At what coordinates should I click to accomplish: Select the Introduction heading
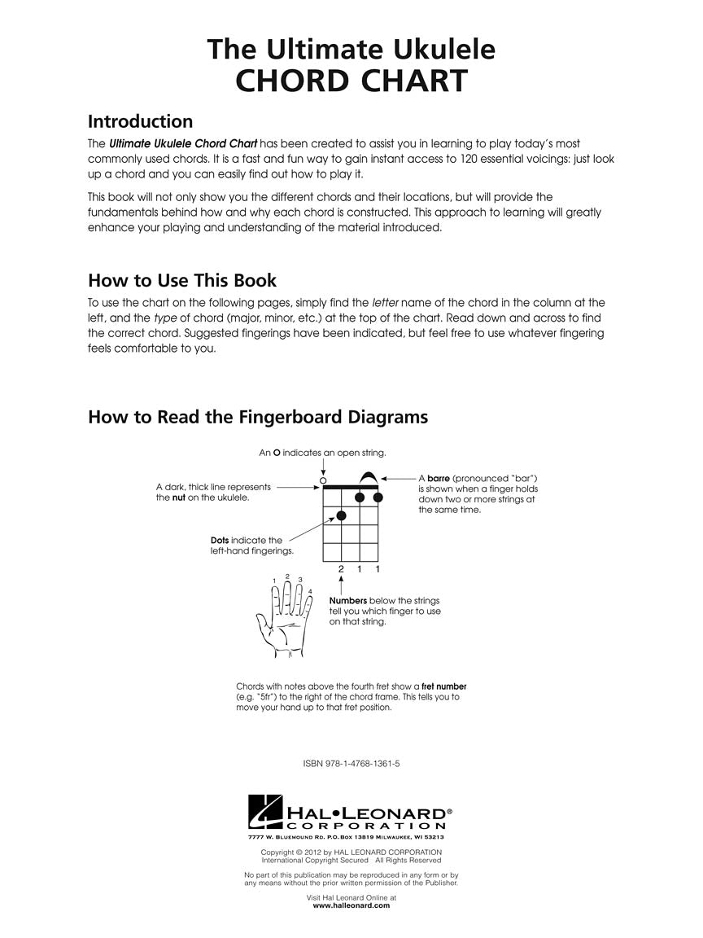(140, 121)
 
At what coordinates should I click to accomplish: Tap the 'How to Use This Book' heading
(182, 281)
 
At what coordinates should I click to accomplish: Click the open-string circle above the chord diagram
(323, 480)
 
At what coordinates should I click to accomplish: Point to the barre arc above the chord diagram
(368, 477)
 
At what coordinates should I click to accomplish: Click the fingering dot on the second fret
(342, 515)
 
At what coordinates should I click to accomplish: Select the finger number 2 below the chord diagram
(342, 568)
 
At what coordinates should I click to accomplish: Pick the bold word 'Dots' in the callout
(220, 540)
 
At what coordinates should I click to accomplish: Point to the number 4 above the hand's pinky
(310, 591)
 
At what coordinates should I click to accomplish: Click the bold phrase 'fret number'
(443, 686)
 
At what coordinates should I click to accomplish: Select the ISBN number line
(351, 764)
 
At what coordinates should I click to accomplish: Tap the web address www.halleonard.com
(351, 905)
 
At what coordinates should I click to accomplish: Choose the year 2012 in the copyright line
(325, 853)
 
